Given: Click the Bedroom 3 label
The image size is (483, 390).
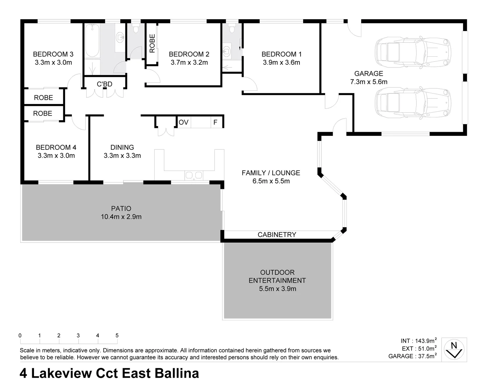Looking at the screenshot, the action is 53,54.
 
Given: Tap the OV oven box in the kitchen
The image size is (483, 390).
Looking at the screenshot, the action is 184,122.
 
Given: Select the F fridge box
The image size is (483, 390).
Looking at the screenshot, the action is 215,122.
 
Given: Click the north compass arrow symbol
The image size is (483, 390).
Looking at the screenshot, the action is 454,350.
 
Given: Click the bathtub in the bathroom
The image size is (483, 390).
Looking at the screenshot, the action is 92,41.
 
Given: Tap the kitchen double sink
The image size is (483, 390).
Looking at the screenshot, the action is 194,175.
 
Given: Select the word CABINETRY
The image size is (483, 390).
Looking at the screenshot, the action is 277,235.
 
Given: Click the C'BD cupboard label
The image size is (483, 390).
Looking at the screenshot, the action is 104,84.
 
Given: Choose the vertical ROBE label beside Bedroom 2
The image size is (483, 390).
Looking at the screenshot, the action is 152,43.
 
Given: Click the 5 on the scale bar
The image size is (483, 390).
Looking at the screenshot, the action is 117,335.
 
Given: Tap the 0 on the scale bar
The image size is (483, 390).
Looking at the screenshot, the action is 20,335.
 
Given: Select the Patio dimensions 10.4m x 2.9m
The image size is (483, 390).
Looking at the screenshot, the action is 121,217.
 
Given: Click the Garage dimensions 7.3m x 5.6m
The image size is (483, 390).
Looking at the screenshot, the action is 368,82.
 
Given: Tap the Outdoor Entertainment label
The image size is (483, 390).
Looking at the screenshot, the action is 277,276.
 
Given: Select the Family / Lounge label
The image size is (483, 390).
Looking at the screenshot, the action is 271,173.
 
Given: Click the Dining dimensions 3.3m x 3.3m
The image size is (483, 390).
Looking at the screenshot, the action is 122,156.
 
